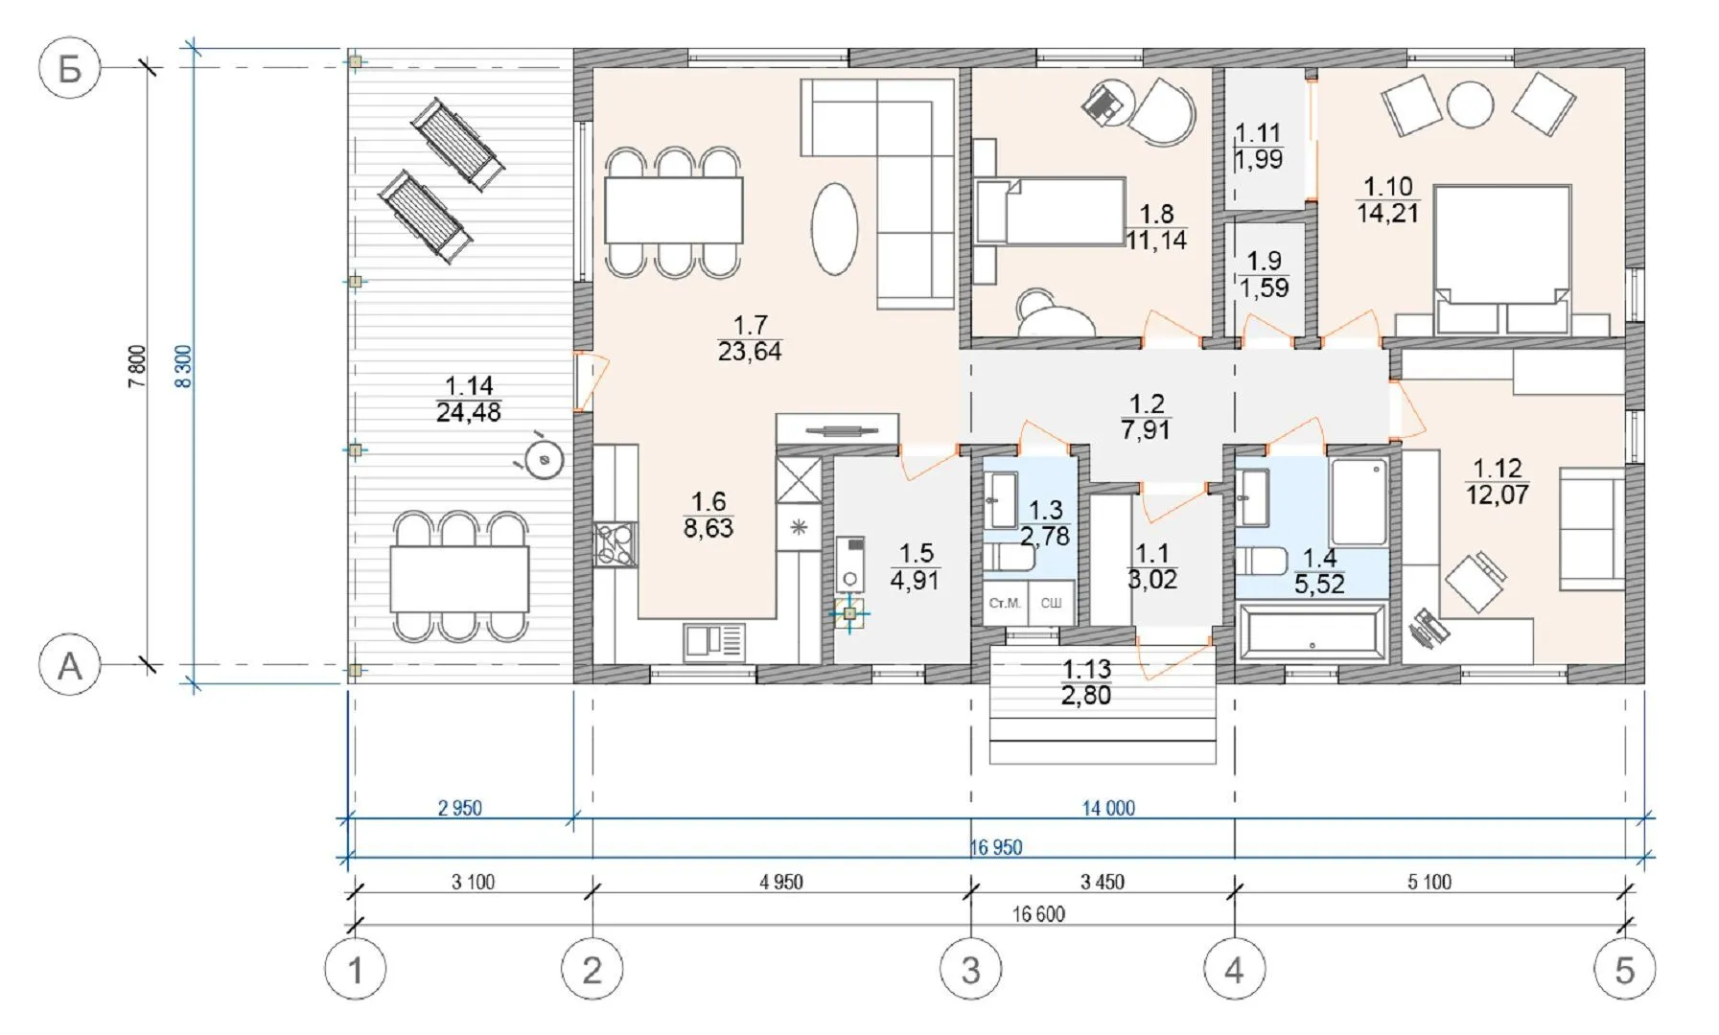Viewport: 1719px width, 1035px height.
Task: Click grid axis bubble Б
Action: pyautogui.click(x=69, y=68)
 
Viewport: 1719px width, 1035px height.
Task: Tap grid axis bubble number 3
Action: pyautogui.click(x=970, y=970)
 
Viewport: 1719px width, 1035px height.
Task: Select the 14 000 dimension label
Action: pyautogui.click(x=1108, y=808)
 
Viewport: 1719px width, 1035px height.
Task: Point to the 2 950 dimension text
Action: pyautogui.click(x=460, y=808)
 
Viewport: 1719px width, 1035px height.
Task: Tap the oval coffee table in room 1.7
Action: pyautogui.click(x=834, y=230)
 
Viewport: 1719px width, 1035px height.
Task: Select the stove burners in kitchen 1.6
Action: pyautogui.click(x=614, y=544)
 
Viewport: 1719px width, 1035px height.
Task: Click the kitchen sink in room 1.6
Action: pyautogui.click(x=714, y=642)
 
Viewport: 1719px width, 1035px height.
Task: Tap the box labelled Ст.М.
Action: pyautogui.click(x=1005, y=603)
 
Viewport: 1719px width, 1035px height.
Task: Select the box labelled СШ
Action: pyautogui.click(x=1051, y=603)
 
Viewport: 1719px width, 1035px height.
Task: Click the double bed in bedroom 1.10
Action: pyautogui.click(x=1502, y=259)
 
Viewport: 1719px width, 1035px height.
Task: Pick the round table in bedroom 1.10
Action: pyautogui.click(x=1470, y=104)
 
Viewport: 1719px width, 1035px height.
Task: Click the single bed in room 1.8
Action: pyautogui.click(x=1051, y=211)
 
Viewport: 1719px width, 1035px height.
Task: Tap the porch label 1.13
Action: pyautogui.click(x=1086, y=682)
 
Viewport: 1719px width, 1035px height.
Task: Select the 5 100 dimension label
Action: pyautogui.click(x=1429, y=882)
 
